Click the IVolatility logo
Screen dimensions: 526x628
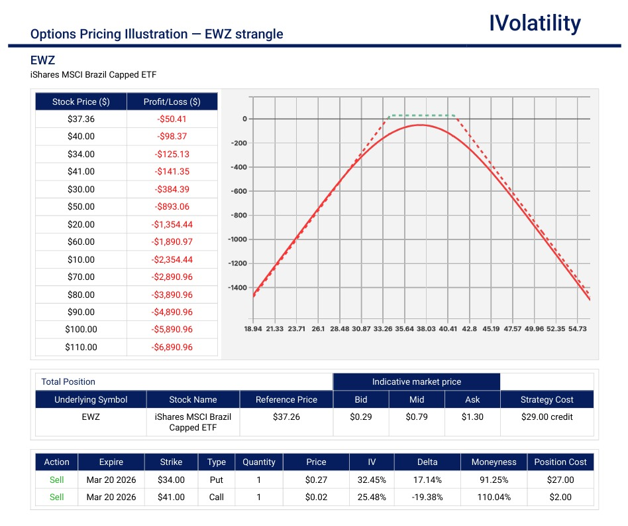[535, 24]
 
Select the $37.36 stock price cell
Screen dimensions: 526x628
[81, 119]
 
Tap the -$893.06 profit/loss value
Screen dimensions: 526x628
[172, 207]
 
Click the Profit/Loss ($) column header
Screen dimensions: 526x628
[172, 102]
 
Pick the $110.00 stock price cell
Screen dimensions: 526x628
[81, 347]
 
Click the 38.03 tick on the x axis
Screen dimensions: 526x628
[426, 328]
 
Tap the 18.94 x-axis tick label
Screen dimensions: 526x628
[254, 328]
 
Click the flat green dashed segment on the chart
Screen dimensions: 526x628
[422, 115]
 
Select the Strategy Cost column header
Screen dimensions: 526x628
[547, 400]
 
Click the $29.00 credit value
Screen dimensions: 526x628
[547, 417]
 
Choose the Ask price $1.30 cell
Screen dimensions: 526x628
[472, 417]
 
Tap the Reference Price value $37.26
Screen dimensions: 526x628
[286, 417]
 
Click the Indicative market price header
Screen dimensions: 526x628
[416, 382]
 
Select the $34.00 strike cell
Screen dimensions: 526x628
[171, 480]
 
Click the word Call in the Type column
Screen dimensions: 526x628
[217, 497]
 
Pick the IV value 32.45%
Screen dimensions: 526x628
[372, 480]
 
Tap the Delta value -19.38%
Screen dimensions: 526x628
[427, 497]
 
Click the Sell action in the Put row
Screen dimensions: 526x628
[57, 480]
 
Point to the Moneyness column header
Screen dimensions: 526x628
[494, 462]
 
